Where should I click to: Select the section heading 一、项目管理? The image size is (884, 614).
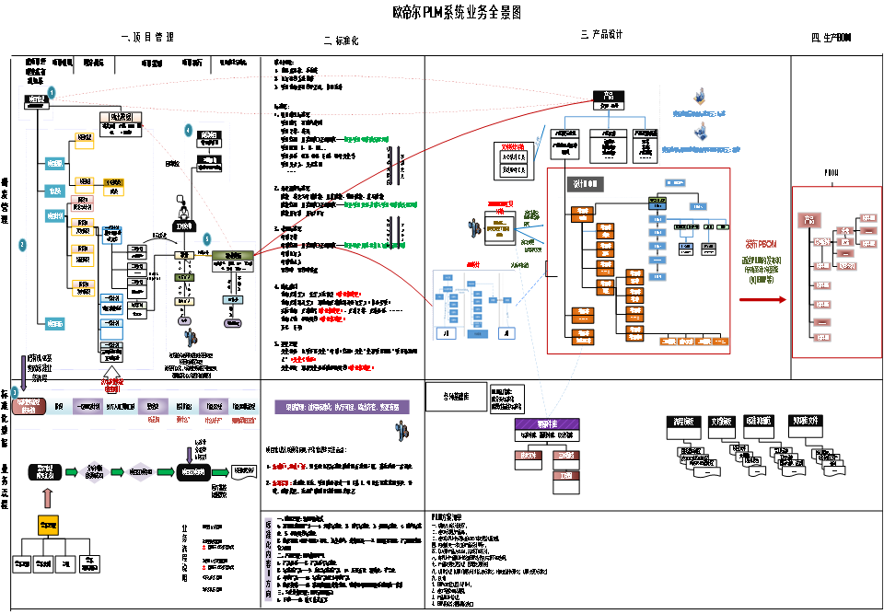tap(147, 37)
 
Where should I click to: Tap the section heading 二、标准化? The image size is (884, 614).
tap(341, 41)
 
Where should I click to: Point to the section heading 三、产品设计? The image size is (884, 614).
tap(602, 35)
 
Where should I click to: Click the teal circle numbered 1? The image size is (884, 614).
tap(52, 92)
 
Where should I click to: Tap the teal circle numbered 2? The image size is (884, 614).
tap(22, 246)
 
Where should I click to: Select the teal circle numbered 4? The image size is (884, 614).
tap(188, 131)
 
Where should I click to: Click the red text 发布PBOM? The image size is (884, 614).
tap(762, 245)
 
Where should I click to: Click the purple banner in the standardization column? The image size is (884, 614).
tap(341, 407)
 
